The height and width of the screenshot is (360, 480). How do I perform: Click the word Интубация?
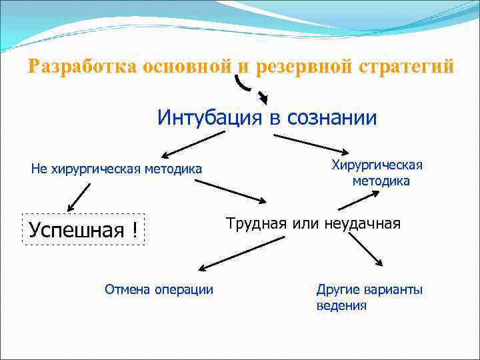[210, 118]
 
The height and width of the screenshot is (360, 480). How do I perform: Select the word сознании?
[332, 118]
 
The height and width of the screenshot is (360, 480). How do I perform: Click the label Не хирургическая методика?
[117, 169]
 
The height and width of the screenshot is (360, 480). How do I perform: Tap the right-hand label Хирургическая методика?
[378, 173]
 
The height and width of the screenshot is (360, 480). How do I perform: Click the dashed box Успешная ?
[83, 230]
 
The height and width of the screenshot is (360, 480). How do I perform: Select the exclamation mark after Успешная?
[135, 230]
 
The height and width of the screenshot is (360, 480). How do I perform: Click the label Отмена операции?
[159, 289]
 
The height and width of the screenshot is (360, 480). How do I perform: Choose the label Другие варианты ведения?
[369, 297]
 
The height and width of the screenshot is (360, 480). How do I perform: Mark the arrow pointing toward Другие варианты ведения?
[366, 250]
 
